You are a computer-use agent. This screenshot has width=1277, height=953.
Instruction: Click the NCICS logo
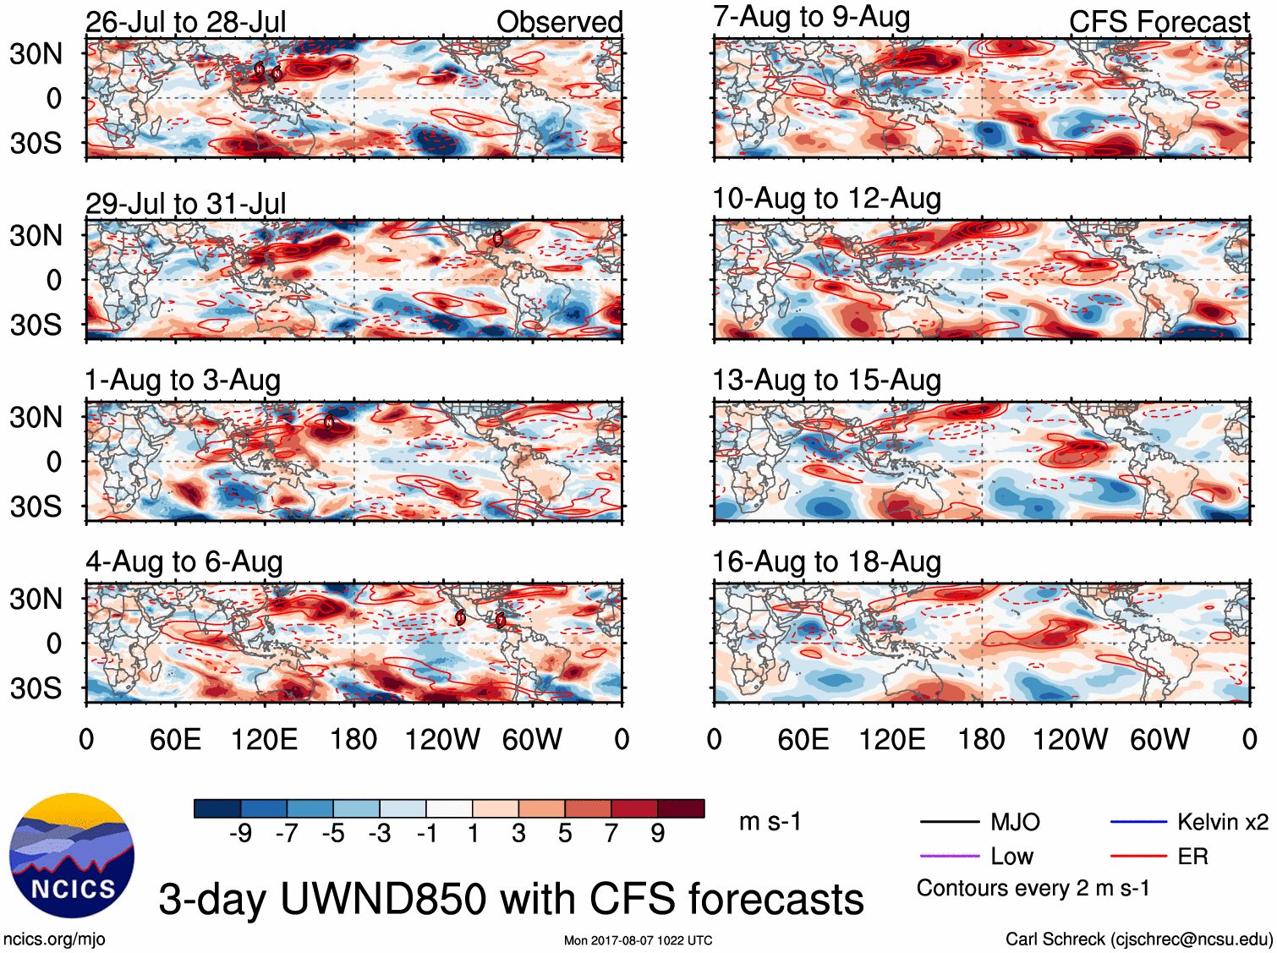[72, 855]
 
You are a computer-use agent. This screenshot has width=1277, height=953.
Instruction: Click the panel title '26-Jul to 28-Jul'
[185, 22]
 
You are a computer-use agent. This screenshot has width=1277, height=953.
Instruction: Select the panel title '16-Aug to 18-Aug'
[826, 561]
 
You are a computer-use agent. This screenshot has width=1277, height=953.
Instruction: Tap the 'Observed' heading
[559, 22]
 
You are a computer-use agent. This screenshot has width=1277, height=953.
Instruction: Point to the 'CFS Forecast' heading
[1159, 22]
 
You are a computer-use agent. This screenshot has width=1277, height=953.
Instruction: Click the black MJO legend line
[949, 822]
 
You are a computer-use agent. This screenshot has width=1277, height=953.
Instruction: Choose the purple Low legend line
[949, 857]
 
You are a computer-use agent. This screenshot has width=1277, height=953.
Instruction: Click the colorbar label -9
[240, 834]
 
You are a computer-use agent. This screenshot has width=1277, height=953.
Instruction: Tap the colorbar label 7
[611, 834]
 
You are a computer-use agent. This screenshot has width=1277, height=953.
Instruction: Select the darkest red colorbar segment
[681, 808]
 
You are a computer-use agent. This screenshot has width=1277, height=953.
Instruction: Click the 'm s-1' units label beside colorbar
[770, 822]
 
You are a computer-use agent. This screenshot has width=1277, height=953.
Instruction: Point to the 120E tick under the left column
[265, 740]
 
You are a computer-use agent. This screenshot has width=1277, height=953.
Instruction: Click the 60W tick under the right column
[1159, 740]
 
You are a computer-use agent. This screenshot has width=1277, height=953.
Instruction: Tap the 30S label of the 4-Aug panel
[36, 688]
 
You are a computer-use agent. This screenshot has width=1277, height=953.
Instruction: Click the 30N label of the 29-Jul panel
[36, 236]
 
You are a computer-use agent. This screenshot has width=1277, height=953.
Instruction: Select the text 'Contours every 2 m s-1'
[1033, 889]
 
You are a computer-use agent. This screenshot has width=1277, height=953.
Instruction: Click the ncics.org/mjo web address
[54, 939]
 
